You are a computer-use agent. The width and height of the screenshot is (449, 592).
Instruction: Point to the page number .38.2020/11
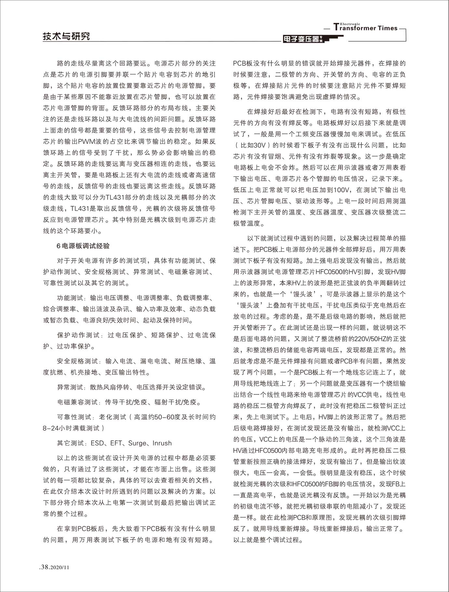click(54, 567)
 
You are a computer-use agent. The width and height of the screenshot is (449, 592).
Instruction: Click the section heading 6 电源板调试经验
click(83, 246)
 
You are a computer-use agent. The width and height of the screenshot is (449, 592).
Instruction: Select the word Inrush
click(162, 443)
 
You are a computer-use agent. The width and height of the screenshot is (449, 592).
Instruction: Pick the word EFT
click(116, 443)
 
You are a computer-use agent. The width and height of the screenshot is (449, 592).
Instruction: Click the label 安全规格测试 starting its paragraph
click(77, 361)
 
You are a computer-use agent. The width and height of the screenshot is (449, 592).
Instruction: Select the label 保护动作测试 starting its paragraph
click(77, 335)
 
